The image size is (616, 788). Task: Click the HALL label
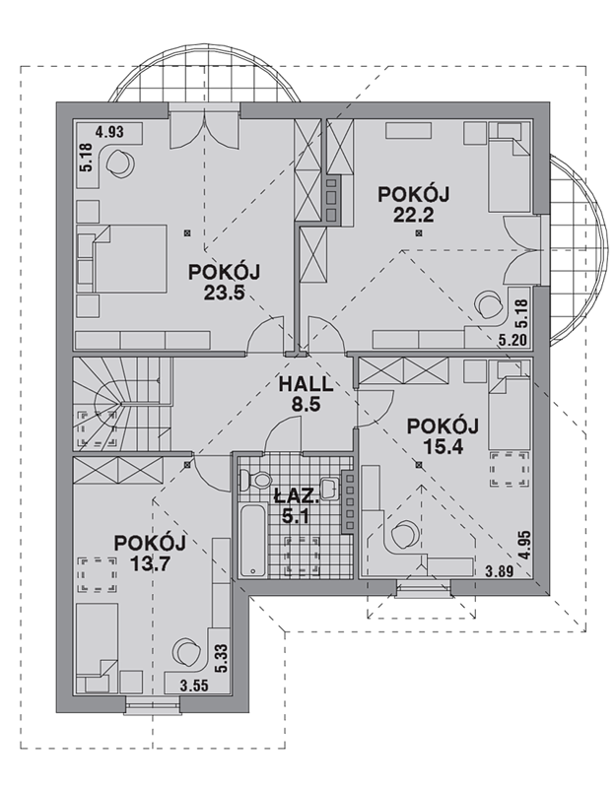(306, 385)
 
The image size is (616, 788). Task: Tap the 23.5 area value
(225, 293)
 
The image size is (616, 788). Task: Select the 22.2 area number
(413, 216)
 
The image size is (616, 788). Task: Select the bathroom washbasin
(329, 488)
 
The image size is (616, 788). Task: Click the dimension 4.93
(109, 133)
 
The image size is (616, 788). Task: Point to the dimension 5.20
(513, 341)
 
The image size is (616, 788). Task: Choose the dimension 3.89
(500, 571)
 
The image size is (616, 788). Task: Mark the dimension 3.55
(194, 686)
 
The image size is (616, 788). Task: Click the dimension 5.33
(222, 659)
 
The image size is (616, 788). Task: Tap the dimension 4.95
(525, 546)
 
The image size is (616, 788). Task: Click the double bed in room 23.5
(122, 259)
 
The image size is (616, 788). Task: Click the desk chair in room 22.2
(489, 304)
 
